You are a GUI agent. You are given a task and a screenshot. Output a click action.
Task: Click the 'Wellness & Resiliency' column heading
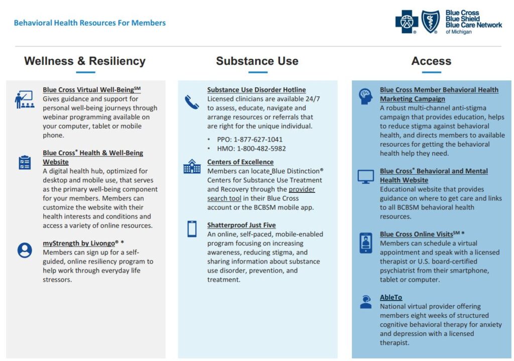click(x=85, y=61)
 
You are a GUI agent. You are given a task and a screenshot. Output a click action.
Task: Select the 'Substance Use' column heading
click(x=257, y=61)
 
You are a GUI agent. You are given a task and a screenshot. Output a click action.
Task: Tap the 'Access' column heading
click(x=431, y=61)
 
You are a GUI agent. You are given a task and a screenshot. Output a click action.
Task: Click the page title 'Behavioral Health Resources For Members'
click(x=90, y=23)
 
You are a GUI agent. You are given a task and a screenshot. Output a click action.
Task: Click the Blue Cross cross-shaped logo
click(x=407, y=22)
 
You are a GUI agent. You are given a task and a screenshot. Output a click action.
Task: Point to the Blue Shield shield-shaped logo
click(x=431, y=22)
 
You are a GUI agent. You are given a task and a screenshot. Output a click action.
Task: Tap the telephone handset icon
click(x=192, y=102)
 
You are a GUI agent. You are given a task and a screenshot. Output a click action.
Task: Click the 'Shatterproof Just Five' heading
click(x=241, y=225)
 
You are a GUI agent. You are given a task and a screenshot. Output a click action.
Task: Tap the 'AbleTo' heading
click(x=391, y=297)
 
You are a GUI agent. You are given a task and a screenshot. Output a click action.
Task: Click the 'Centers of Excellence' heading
click(x=240, y=162)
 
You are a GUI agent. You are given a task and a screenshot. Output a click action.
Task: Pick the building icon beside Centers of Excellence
click(x=192, y=166)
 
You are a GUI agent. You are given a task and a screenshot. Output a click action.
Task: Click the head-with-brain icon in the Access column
click(x=365, y=96)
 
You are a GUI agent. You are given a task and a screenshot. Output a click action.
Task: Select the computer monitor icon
click(x=365, y=177)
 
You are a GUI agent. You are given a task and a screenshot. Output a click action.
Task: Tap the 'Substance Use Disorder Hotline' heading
click(x=256, y=90)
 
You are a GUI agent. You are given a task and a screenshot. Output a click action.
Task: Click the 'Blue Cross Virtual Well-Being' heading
click(x=91, y=90)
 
